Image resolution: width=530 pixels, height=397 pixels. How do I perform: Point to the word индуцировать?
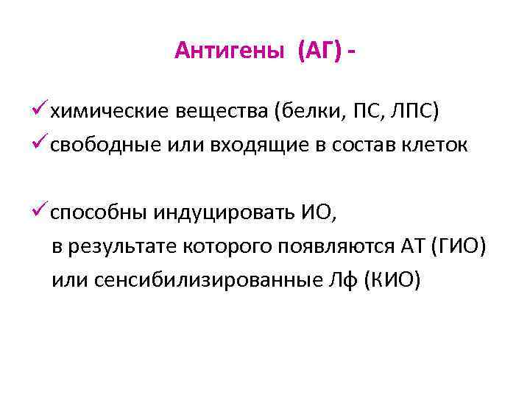[225, 213]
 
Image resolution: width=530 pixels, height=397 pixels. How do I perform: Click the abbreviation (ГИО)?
[456, 247]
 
